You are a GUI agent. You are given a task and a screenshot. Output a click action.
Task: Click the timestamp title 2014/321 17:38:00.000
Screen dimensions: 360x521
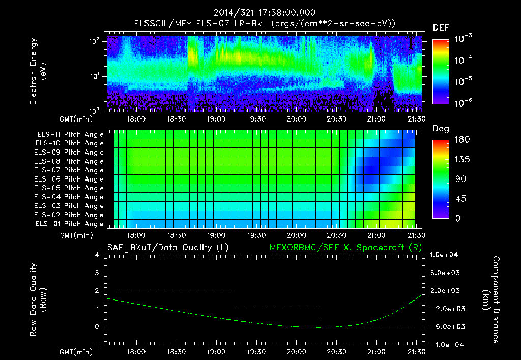(265, 13)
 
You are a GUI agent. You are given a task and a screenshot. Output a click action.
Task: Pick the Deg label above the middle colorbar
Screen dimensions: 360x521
(441, 129)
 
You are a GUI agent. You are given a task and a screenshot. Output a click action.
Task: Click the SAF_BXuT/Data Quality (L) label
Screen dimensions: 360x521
(167, 247)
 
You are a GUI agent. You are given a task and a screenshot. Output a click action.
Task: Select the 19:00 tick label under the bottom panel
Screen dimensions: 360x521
(216, 351)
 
